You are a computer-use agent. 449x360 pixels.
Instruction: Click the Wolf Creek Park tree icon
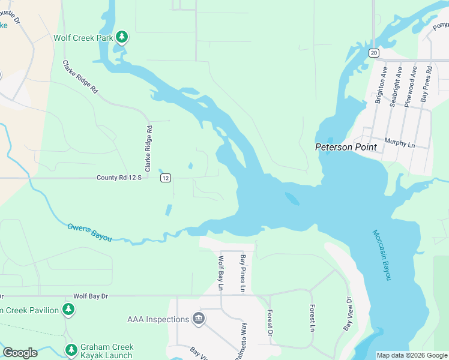(x=122, y=37)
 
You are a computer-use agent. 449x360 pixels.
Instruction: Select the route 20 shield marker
(x=374, y=53)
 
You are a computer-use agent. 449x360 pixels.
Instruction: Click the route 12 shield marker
(x=166, y=178)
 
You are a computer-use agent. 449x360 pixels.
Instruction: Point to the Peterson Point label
(x=346, y=147)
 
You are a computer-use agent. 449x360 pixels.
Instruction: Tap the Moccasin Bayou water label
(x=382, y=255)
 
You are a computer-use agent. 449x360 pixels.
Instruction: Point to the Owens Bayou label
(x=89, y=232)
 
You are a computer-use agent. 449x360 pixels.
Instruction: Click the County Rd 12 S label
(x=119, y=178)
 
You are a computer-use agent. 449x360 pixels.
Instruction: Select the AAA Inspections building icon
(x=198, y=319)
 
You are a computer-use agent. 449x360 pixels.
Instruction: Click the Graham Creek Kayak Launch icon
(x=71, y=349)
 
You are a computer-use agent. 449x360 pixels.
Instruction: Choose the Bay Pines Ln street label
(x=243, y=274)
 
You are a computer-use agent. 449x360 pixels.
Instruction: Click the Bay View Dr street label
(x=348, y=314)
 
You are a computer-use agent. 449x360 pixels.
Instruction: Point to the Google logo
(x=20, y=353)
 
